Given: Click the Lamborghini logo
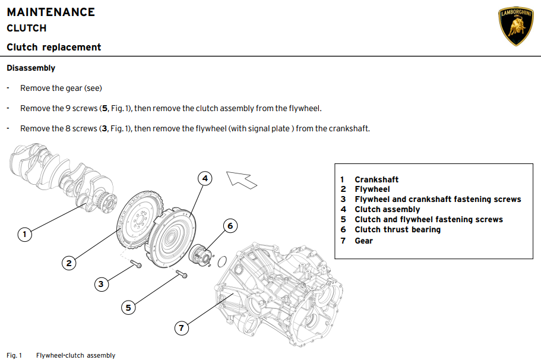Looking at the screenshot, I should (515, 27).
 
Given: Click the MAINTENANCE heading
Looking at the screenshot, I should (50, 12).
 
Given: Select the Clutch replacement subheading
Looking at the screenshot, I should (54, 47).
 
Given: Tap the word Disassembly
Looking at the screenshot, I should (31, 68).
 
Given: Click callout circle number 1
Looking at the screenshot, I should (24, 235).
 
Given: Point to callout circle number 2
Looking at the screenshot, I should (69, 263).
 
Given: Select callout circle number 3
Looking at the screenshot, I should (101, 284).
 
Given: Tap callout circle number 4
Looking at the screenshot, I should (204, 178).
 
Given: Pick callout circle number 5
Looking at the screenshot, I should (128, 307).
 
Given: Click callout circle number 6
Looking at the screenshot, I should (231, 226).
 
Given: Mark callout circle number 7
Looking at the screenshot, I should (182, 327).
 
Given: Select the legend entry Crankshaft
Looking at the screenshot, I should (377, 179).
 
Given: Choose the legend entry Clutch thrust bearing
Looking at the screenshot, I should (397, 229).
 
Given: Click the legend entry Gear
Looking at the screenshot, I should (363, 241).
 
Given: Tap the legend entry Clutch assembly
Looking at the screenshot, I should (387, 209).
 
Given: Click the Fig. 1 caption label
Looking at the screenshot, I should (14, 355).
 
